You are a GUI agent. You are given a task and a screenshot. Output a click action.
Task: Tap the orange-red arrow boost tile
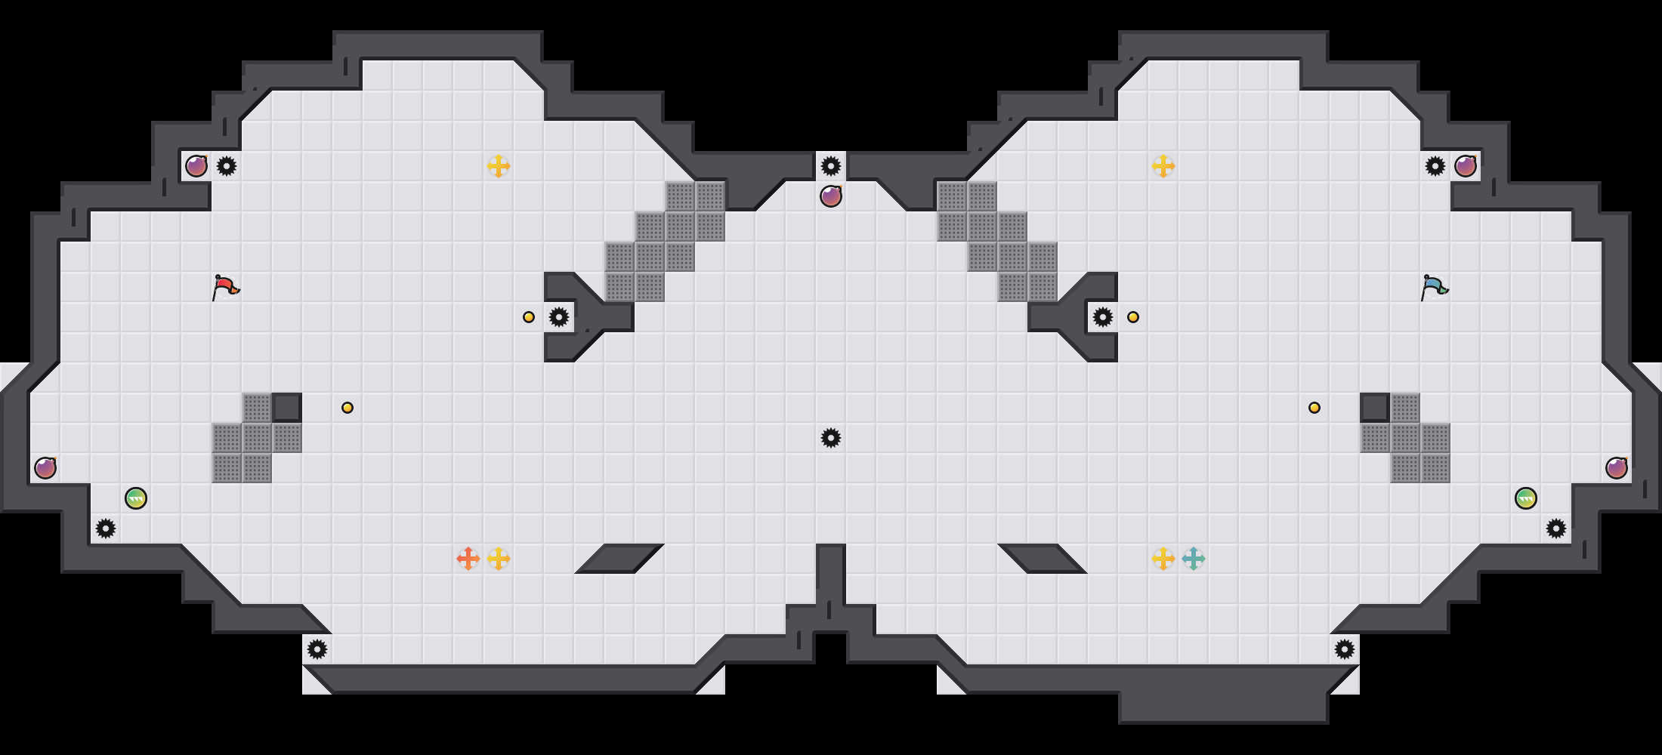[x=468, y=559]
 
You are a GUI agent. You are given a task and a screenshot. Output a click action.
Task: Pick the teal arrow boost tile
[x=1194, y=559]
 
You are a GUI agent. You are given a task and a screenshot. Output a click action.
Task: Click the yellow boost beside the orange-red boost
[x=499, y=559]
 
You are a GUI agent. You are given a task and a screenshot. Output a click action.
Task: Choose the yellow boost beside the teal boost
[x=1163, y=559]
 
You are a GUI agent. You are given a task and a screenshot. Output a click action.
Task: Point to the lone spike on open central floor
[x=831, y=438]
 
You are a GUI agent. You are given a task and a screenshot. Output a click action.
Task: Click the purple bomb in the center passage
[x=831, y=196]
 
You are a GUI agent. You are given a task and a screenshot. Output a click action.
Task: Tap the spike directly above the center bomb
[x=831, y=166]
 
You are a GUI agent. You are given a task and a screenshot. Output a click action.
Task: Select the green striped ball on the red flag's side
[x=136, y=498]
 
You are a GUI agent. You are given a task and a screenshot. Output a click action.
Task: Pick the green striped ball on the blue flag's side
[x=1526, y=498]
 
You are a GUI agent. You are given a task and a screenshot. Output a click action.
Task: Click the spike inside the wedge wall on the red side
[x=559, y=317]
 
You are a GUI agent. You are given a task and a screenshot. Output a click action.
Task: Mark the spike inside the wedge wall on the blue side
[x=1103, y=317]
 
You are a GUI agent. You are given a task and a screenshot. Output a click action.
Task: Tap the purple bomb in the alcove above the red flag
[x=196, y=166]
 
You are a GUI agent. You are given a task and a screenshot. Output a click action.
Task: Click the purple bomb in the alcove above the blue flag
[x=1466, y=166]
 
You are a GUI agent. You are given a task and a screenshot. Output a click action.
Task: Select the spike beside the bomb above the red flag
[x=227, y=166]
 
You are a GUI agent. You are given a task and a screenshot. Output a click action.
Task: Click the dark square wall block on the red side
[x=287, y=408]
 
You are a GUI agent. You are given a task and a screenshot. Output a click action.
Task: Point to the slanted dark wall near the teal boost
[x=1043, y=558]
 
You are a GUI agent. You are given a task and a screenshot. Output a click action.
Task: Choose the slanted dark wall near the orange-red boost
[x=619, y=558]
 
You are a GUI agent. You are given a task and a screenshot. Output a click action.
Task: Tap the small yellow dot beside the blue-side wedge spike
[x=1133, y=317]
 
